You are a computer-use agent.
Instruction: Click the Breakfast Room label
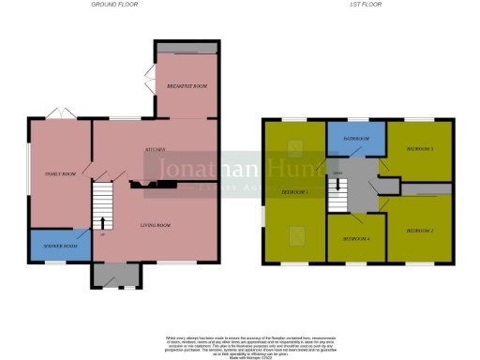(187, 86)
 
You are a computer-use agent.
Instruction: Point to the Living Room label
(156, 225)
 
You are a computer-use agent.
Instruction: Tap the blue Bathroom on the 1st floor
(355, 139)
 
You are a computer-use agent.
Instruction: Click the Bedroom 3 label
(418, 148)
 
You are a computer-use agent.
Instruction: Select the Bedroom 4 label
(355, 239)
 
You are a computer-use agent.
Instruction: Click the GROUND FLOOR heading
(115, 6)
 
